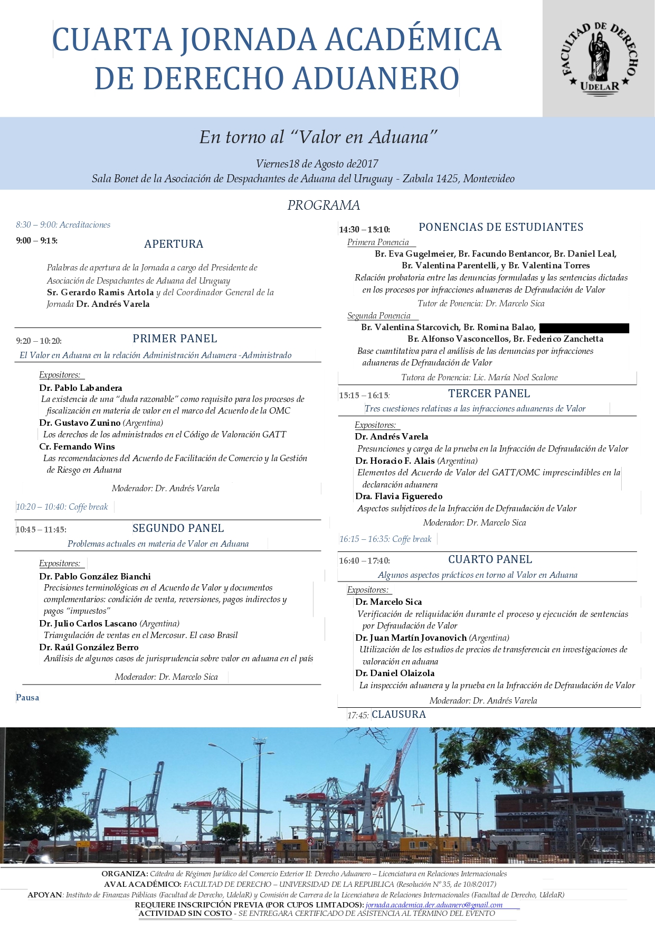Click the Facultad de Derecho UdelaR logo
tap(599, 58)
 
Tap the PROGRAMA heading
tap(324, 205)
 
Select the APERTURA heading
tap(174, 244)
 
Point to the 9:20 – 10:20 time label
tap(39, 341)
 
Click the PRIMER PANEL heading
tap(175, 339)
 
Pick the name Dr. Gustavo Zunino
tap(80, 423)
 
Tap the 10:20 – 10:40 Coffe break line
tap(62, 507)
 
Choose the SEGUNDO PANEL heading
tap(178, 528)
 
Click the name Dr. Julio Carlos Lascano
tap(88, 623)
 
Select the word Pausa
tap(27, 698)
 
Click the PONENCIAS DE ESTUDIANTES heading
tap(501, 227)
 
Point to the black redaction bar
tap(584, 328)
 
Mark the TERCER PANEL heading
tap(489, 394)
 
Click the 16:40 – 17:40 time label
tap(364, 561)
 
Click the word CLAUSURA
tap(398, 715)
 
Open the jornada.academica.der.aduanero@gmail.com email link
tap(434, 905)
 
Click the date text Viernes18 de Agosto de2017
tap(317, 164)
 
